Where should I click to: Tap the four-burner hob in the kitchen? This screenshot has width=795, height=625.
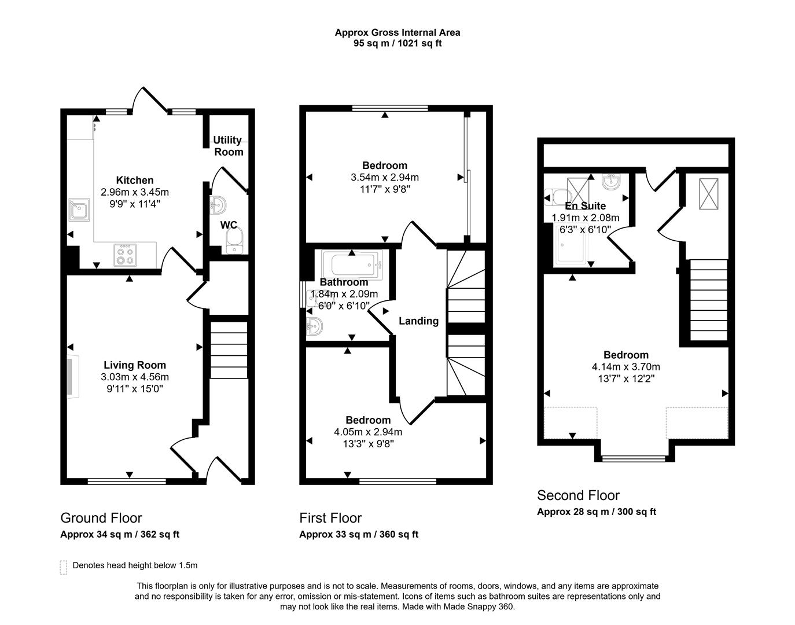coord(126,255)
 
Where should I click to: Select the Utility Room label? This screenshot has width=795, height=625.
coord(228,146)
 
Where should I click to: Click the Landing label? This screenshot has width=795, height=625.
coord(418,321)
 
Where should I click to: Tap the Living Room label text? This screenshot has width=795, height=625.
coord(135,365)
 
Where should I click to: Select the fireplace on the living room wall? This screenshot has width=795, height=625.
coord(72,378)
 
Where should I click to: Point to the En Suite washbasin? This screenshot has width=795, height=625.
coord(610,182)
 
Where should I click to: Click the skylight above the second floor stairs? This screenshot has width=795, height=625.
coord(707,194)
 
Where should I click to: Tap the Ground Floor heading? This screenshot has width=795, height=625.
coord(101,518)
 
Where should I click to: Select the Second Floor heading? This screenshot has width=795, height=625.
coord(578,495)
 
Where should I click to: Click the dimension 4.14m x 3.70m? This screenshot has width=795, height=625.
coord(625,367)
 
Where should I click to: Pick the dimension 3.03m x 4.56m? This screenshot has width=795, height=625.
coord(135,377)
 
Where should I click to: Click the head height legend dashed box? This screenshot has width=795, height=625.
coord(63,567)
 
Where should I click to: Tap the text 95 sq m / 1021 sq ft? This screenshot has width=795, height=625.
coord(397,43)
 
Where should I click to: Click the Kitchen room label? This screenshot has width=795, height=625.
coord(135,180)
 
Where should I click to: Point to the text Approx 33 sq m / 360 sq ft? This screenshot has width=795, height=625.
coord(359,534)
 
